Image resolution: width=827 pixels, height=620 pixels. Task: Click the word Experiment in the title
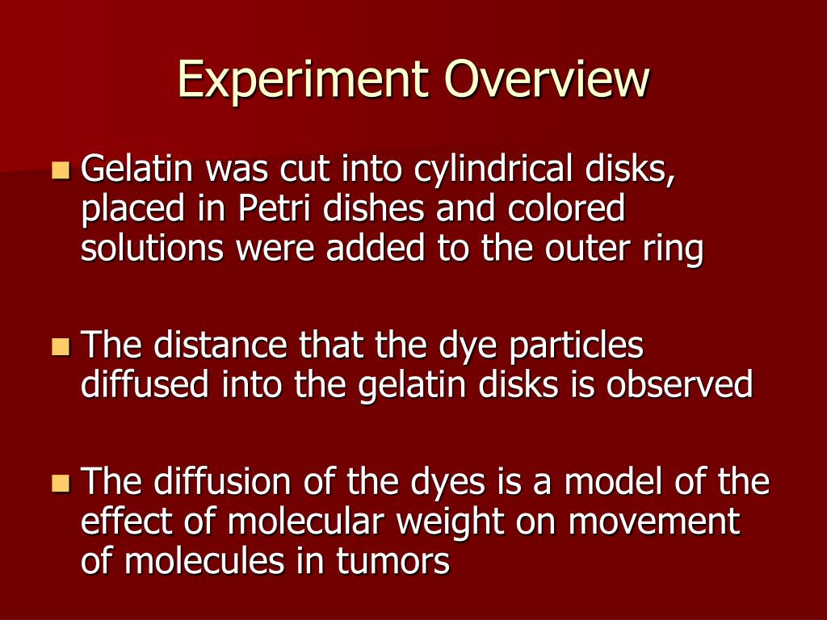[303, 80]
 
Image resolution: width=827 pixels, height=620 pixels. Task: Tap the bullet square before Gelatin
[60, 170]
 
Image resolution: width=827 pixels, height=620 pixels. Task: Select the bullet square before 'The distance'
[60, 347]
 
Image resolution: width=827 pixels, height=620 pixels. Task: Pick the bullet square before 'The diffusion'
[60, 484]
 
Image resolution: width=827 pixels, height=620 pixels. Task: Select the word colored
[567, 210]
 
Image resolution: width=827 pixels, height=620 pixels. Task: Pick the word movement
[654, 522]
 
